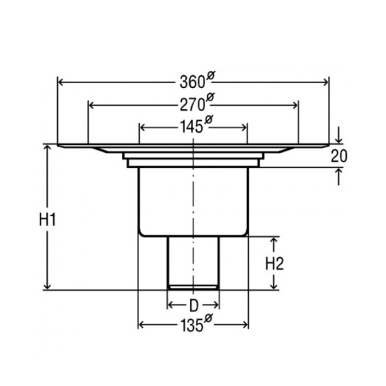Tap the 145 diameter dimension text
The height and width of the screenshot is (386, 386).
[196, 125]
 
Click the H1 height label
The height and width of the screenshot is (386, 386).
[48, 219]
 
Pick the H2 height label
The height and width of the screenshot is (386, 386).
[275, 263]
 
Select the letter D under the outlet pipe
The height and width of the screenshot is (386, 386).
[194, 306]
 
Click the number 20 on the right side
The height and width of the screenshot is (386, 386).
[339, 156]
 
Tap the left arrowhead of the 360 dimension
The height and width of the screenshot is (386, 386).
[61, 82]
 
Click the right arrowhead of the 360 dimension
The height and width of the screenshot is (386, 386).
[326, 82]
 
